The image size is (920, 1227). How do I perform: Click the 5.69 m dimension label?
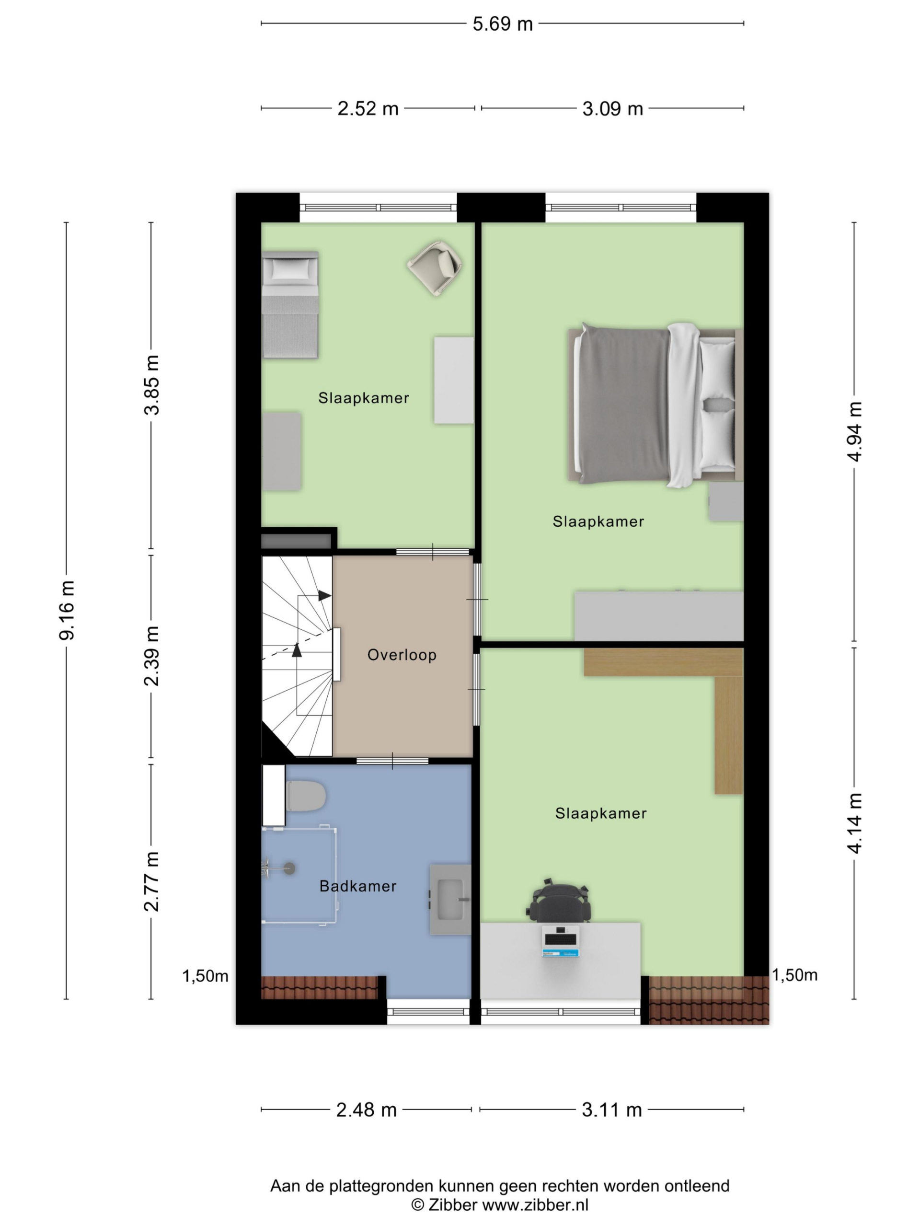click(x=503, y=24)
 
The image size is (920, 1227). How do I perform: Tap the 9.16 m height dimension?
click(x=67, y=610)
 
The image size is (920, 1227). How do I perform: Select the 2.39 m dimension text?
click(x=151, y=656)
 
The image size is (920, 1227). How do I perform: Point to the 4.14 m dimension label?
click(x=854, y=822)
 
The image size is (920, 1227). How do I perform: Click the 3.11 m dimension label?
click(x=612, y=1110)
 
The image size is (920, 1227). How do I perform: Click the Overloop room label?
click(x=402, y=655)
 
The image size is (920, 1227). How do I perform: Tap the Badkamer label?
click(x=357, y=886)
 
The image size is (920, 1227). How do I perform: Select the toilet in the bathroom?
click(x=306, y=796)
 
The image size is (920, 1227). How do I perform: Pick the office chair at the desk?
click(x=558, y=903)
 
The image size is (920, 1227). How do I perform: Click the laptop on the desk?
click(x=560, y=941)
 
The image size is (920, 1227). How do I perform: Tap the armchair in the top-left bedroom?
click(x=435, y=268)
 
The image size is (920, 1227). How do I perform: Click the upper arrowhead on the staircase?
click(x=325, y=595)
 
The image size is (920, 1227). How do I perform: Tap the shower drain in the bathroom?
click(x=289, y=868)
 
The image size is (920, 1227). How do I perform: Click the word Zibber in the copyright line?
click(x=452, y=1204)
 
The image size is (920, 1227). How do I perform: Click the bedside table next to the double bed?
click(x=726, y=502)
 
